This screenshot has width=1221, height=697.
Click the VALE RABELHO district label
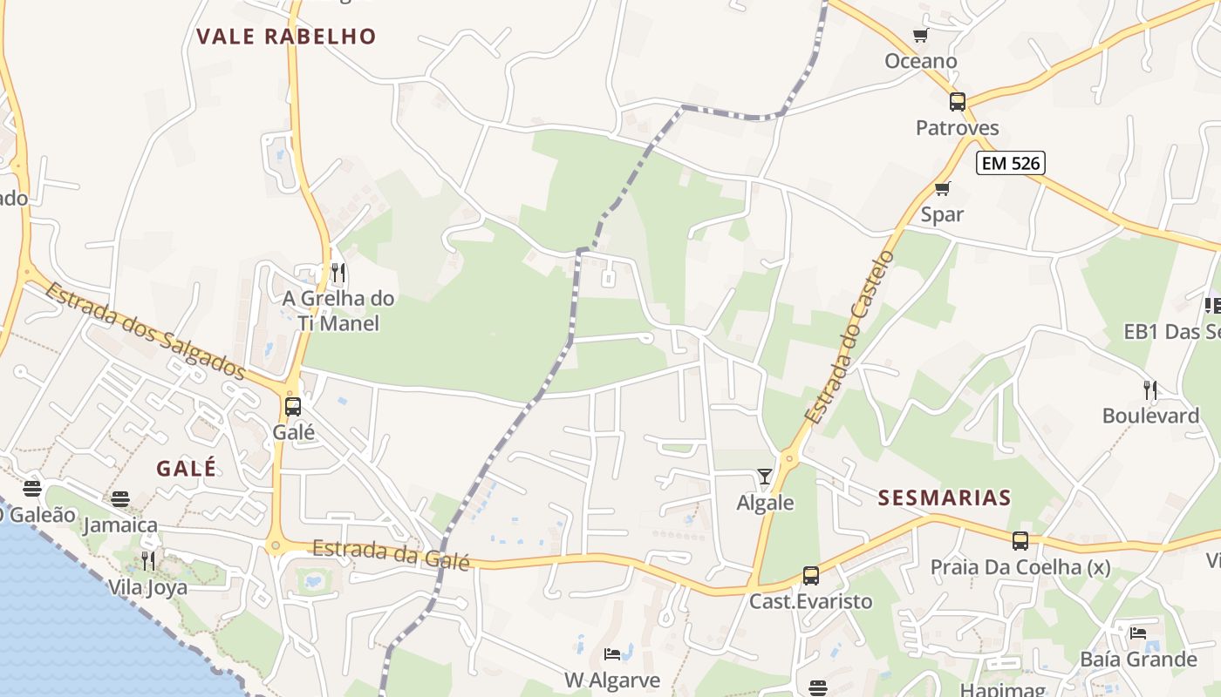(286, 37)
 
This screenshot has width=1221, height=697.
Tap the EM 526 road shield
(1010, 163)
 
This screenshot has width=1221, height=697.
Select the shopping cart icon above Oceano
(920, 36)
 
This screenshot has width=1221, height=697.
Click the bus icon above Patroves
(958, 102)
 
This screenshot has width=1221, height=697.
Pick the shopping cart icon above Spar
(942, 188)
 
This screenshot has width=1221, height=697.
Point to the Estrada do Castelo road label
(850, 338)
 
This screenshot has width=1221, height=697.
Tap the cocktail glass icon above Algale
(765, 477)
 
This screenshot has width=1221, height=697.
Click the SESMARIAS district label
(945, 498)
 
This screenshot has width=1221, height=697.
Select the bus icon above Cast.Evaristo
(811, 576)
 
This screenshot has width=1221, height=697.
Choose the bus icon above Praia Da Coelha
(1020, 541)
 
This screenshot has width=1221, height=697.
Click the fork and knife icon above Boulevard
(1150, 389)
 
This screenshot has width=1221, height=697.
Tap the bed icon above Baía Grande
(1137, 633)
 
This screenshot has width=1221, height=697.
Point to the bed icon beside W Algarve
(612, 654)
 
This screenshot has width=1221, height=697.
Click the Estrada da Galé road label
(391, 555)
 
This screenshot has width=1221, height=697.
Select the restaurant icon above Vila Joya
(148, 561)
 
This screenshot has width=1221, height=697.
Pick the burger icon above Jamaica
(120, 499)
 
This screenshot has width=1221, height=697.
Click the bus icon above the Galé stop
(293, 407)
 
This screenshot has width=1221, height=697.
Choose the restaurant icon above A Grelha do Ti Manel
(338, 273)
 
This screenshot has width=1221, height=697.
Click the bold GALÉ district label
(186, 468)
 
